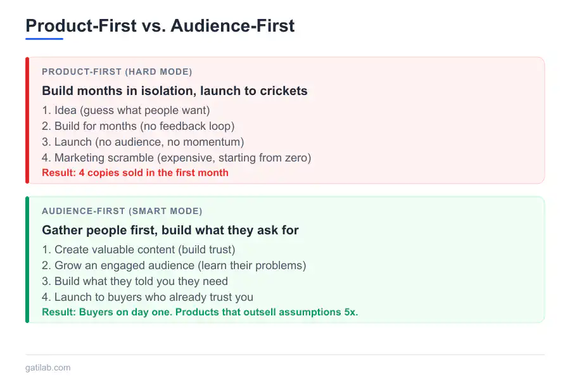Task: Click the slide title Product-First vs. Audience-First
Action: (x=160, y=25)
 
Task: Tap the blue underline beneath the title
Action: (x=44, y=39)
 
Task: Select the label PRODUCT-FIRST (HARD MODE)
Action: (x=117, y=72)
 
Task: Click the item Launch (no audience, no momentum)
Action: (x=142, y=142)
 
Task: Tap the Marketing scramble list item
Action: (x=176, y=158)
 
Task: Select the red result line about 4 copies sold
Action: (x=135, y=172)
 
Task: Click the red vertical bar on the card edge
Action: (x=27, y=120)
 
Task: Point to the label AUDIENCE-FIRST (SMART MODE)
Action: (x=122, y=211)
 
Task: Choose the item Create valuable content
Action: (x=138, y=250)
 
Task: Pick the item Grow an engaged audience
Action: (x=174, y=265)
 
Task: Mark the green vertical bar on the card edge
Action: (x=27, y=260)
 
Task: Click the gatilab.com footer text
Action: (x=48, y=367)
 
